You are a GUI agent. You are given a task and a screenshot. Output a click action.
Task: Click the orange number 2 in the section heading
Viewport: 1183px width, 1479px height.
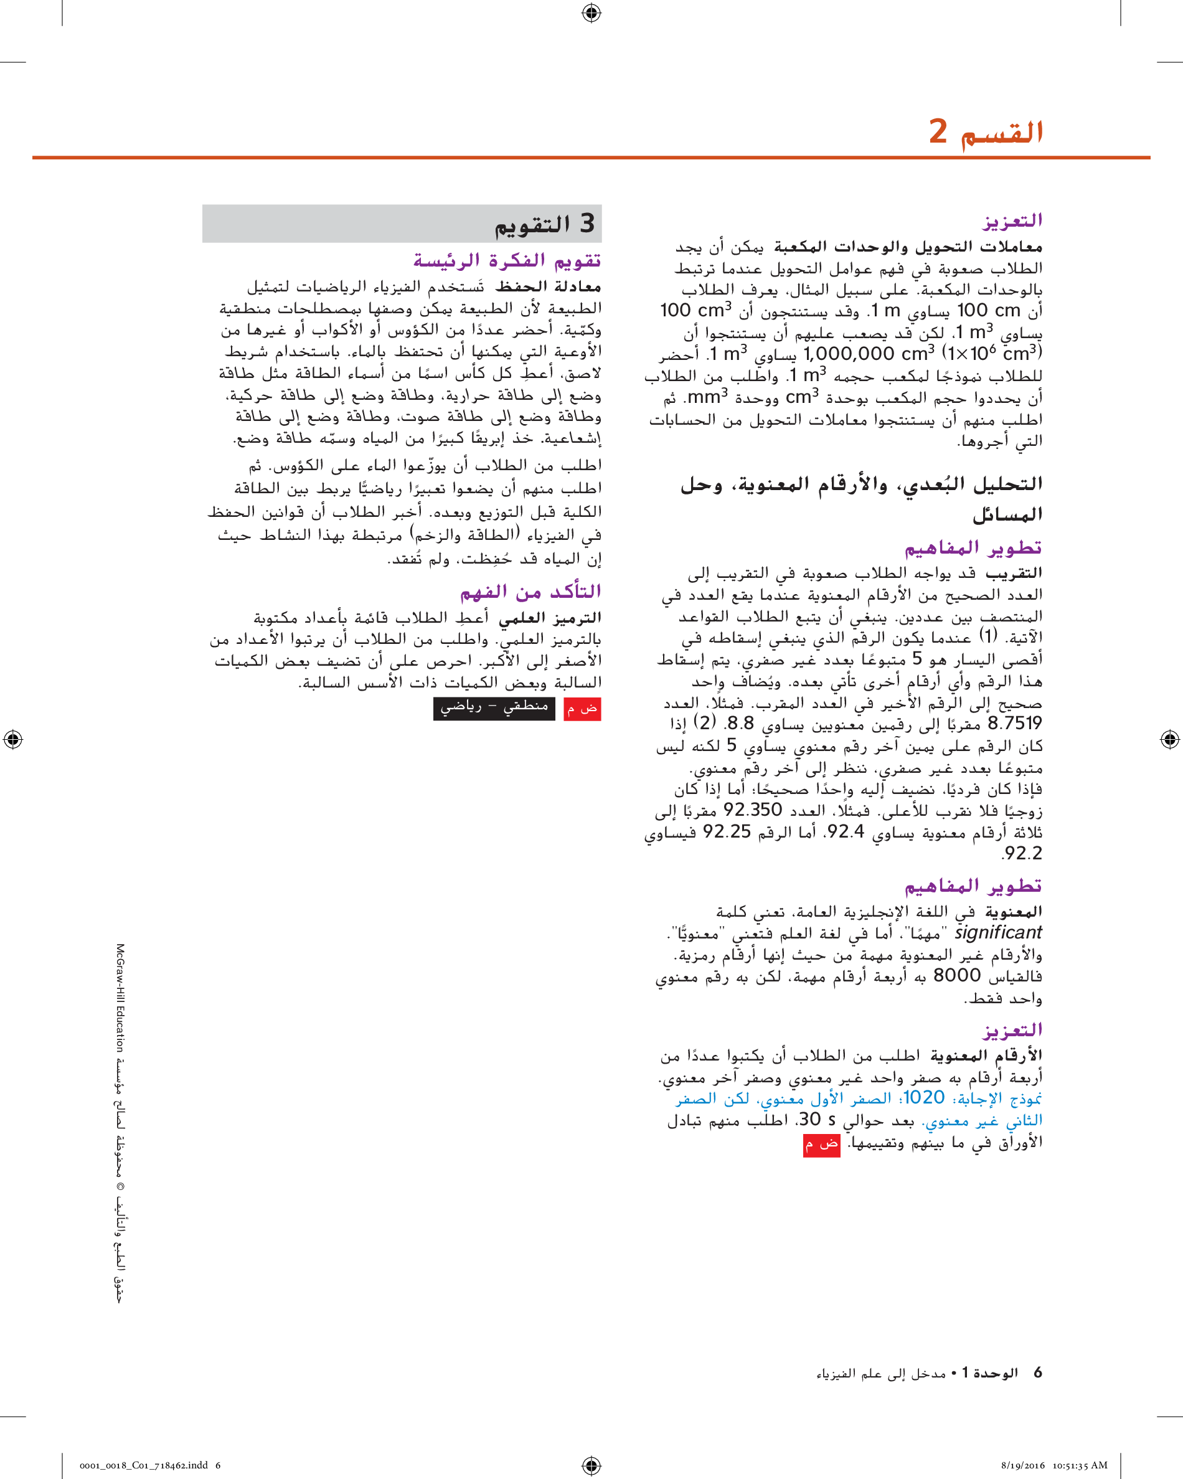pos(938,130)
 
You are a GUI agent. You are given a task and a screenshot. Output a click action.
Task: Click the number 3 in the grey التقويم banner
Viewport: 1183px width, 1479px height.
pos(587,224)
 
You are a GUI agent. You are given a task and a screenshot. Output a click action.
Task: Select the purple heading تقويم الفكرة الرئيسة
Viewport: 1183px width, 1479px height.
pos(507,261)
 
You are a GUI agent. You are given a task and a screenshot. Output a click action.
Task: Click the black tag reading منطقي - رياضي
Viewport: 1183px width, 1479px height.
pos(494,708)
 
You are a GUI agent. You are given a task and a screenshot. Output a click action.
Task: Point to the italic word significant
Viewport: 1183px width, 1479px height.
pos(998,932)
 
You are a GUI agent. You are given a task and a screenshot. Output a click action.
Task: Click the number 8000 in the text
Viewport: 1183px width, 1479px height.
pos(957,975)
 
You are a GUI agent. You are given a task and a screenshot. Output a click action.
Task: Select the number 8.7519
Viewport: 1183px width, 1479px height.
pos(1014,723)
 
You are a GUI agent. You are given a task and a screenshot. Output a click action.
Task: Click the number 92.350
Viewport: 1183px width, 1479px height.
pos(752,810)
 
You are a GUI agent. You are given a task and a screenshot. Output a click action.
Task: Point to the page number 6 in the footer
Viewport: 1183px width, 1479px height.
pos(1037,1373)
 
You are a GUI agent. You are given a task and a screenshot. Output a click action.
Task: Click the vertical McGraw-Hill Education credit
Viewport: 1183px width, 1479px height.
pos(120,999)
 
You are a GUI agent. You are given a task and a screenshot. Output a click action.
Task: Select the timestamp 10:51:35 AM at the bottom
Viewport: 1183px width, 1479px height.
pos(1080,1465)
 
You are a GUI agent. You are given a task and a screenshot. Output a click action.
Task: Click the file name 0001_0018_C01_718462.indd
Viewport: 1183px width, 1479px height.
pos(143,1465)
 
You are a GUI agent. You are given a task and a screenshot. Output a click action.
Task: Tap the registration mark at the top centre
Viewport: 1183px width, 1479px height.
pos(591,12)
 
